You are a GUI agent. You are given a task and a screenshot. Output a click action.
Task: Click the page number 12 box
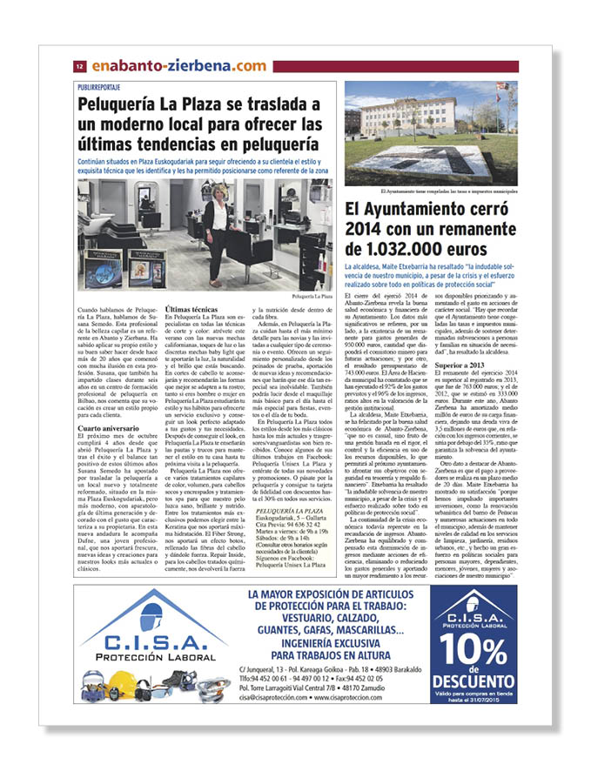click(x=78, y=66)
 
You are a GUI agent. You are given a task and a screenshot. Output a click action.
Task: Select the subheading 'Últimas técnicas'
click(x=191, y=309)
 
